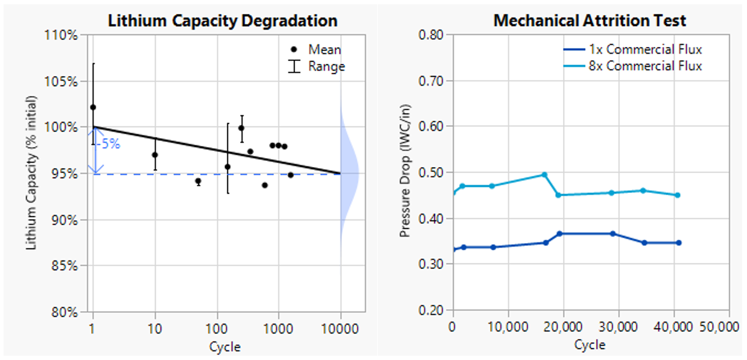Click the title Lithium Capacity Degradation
pyautogui.click(x=222, y=21)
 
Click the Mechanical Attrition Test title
pyautogui.click(x=590, y=21)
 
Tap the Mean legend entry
pyautogui.click(x=324, y=49)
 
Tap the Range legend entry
pyautogui.click(x=326, y=66)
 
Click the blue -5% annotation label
pyautogui.click(x=110, y=144)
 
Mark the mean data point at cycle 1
pyautogui.click(x=93, y=107)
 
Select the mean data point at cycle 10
pyautogui.click(x=155, y=155)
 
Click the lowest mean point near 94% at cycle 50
pyautogui.click(x=199, y=181)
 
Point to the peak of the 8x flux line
pyautogui.click(x=544, y=175)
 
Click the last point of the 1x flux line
pyautogui.click(x=678, y=243)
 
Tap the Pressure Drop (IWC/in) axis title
pyautogui.click(x=406, y=171)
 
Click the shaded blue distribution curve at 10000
pyautogui.click(x=350, y=174)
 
